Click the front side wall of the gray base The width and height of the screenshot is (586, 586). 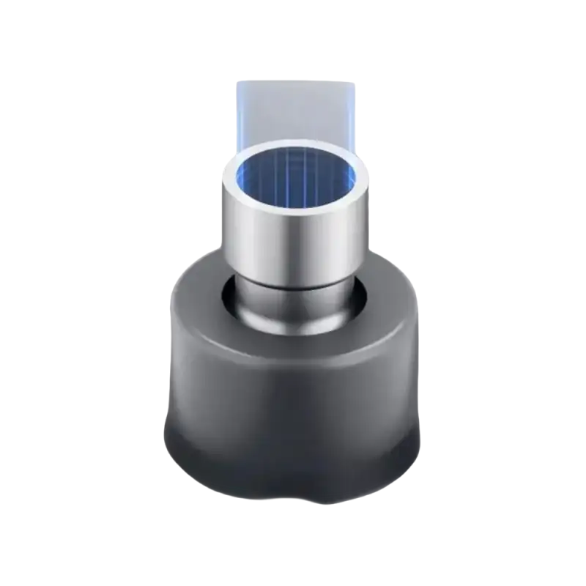tap(293, 396)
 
